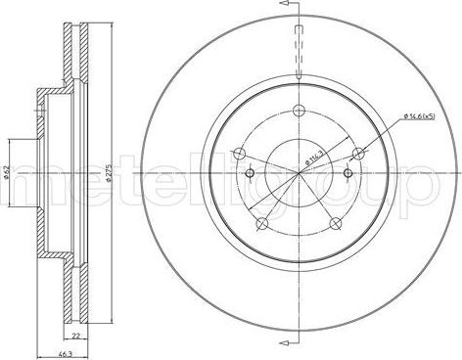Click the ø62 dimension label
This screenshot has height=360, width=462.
pyautogui.click(x=8, y=174)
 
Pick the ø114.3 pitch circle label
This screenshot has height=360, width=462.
pyautogui.click(x=315, y=152)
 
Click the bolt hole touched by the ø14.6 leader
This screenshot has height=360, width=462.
pyautogui.click(x=357, y=152)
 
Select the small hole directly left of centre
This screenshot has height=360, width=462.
pyautogui.click(x=250, y=174)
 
